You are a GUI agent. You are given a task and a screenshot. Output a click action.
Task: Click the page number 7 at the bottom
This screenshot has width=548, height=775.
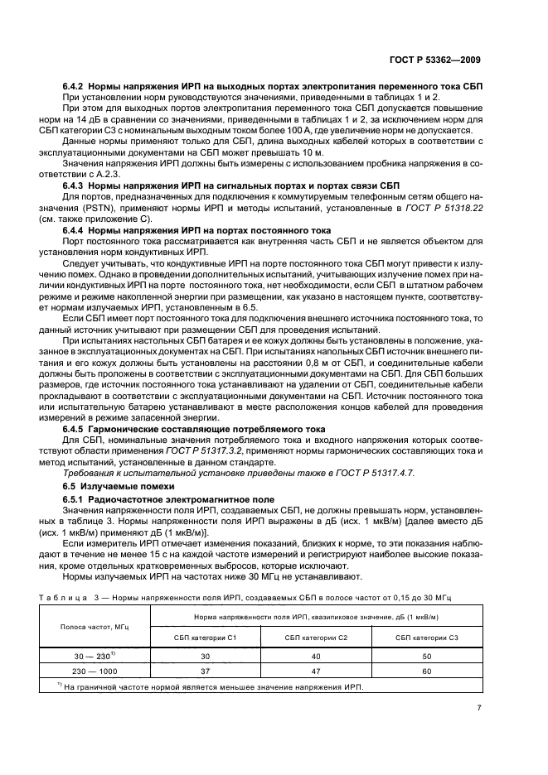(x=479, y=708)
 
